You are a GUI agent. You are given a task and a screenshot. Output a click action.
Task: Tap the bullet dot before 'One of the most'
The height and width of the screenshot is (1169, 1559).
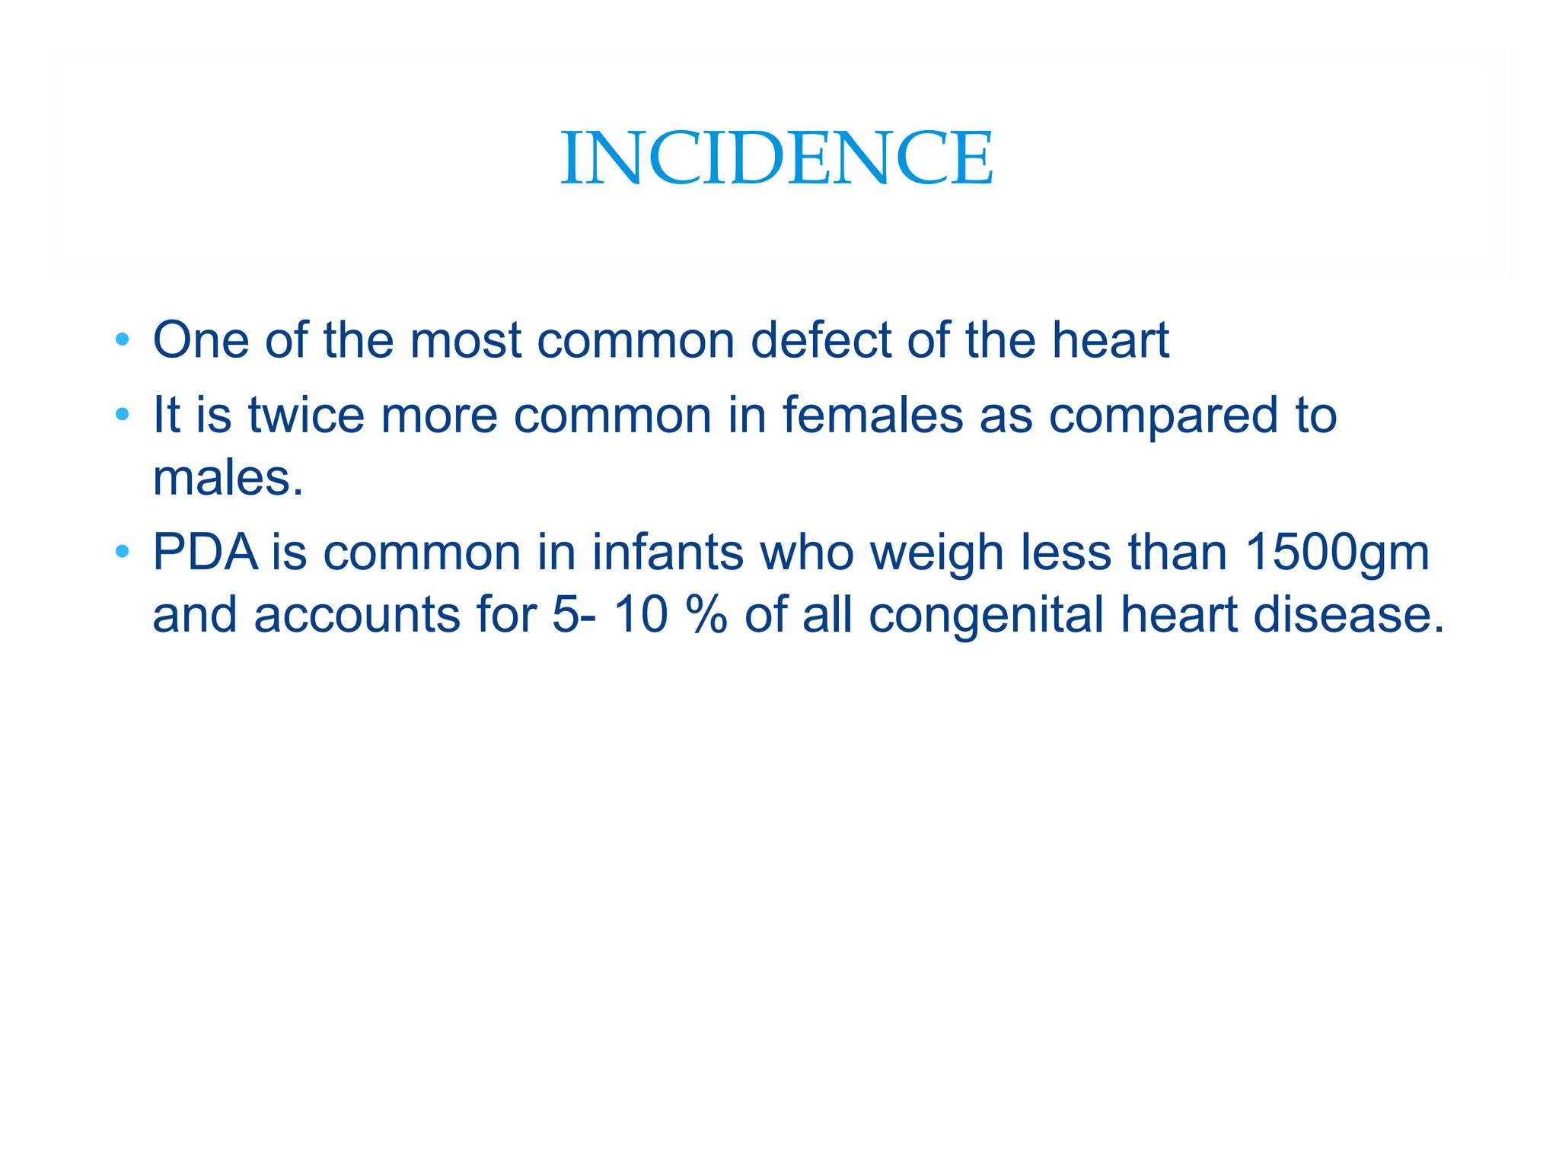123,339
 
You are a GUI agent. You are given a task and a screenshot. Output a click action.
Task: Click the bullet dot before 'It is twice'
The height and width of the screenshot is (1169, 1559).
123,415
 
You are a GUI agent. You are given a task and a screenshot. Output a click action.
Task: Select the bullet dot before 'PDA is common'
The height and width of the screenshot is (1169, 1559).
123,551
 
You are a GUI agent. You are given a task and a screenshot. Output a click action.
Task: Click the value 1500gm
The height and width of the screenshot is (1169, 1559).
1337,553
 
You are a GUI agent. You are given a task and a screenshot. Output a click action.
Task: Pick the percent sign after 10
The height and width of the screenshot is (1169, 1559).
706,614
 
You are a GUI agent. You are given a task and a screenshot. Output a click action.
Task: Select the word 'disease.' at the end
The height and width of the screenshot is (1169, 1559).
1348,614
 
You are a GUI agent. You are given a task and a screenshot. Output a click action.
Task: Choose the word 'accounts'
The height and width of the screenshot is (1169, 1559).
357,614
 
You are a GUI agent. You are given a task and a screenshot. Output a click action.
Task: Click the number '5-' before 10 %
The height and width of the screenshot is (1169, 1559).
574,614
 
